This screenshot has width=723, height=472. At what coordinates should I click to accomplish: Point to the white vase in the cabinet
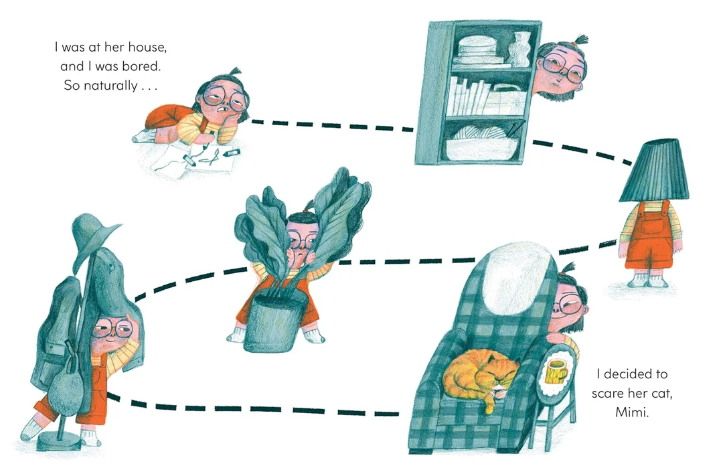coord(519,50)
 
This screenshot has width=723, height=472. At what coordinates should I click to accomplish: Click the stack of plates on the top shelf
coord(477,51)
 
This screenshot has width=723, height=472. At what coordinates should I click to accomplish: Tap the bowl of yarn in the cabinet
coord(482,142)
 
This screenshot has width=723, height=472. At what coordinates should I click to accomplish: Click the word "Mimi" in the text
coord(632,412)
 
